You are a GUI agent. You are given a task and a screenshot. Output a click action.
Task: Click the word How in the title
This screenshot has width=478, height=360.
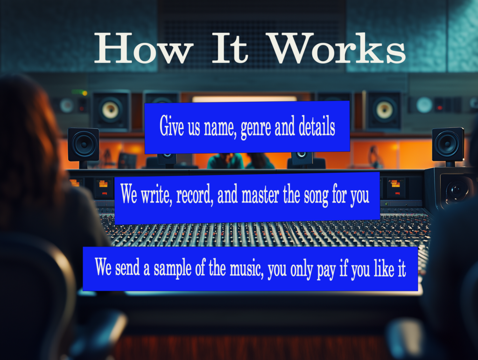point(144,48)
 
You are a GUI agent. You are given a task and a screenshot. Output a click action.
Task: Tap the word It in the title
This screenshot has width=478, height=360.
point(230,48)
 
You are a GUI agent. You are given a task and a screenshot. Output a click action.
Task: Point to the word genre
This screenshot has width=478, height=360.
point(255,128)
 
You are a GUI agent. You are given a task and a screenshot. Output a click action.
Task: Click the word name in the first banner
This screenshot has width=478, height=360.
point(220,128)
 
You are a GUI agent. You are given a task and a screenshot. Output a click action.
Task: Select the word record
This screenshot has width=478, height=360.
point(195,195)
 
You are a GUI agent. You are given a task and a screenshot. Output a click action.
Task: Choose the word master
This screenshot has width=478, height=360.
point(260,195)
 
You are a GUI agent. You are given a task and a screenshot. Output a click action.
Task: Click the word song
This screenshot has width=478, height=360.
point(316,197)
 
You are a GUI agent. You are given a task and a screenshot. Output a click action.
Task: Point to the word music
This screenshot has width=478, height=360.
point(246,269)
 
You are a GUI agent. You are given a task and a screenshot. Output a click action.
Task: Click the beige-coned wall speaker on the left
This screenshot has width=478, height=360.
point(111,110)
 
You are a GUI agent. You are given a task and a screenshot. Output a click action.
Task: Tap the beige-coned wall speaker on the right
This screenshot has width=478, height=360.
point(384,110)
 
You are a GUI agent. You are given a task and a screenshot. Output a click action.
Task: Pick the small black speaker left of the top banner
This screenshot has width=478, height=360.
point(83,144)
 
